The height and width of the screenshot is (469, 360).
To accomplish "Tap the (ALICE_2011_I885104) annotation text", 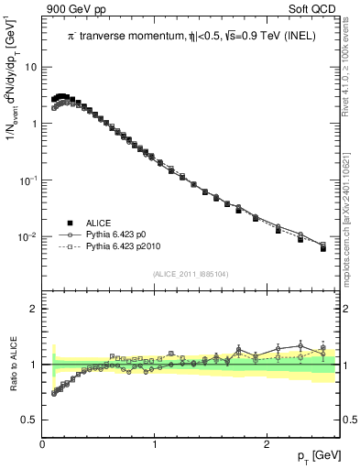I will pyautogui.click(x=192, y=272).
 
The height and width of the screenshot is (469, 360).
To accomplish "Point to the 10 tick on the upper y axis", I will pyautogui.click(x=31, y=67).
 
